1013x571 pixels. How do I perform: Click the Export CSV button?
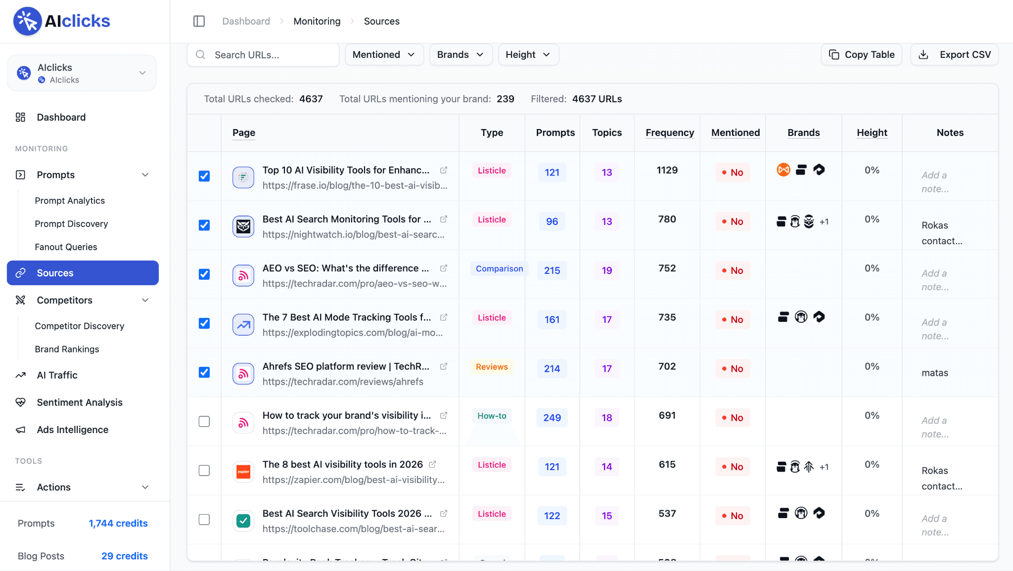coord(954,55)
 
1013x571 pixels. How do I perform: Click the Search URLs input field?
coord(263,55)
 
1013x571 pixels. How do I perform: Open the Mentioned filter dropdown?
coord(384,55)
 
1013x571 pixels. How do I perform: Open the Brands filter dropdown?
coord(460,55)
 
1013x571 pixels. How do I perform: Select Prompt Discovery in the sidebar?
coord(71,224)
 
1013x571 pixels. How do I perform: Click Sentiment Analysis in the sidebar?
coord(80,402)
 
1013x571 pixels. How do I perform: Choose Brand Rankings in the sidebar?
coord(67,349)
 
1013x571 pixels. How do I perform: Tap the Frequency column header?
coord(670,132)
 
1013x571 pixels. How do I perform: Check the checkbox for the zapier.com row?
coord(204,470)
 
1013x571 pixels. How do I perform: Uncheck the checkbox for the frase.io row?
coord(204,176)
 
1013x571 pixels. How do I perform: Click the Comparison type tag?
coord(499,268)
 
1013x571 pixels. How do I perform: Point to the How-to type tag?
coord(492,416)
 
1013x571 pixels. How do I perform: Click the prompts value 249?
coord(552,418)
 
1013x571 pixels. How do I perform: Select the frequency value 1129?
coord(667,170)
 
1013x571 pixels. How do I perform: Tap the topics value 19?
coord(607,270)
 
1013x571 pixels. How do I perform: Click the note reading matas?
coord(935,373)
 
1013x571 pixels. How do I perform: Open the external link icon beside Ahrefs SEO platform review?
coord(444,366)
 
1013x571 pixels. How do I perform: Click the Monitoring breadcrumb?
coord(317,21)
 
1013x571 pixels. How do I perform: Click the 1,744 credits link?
coord(118,524)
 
